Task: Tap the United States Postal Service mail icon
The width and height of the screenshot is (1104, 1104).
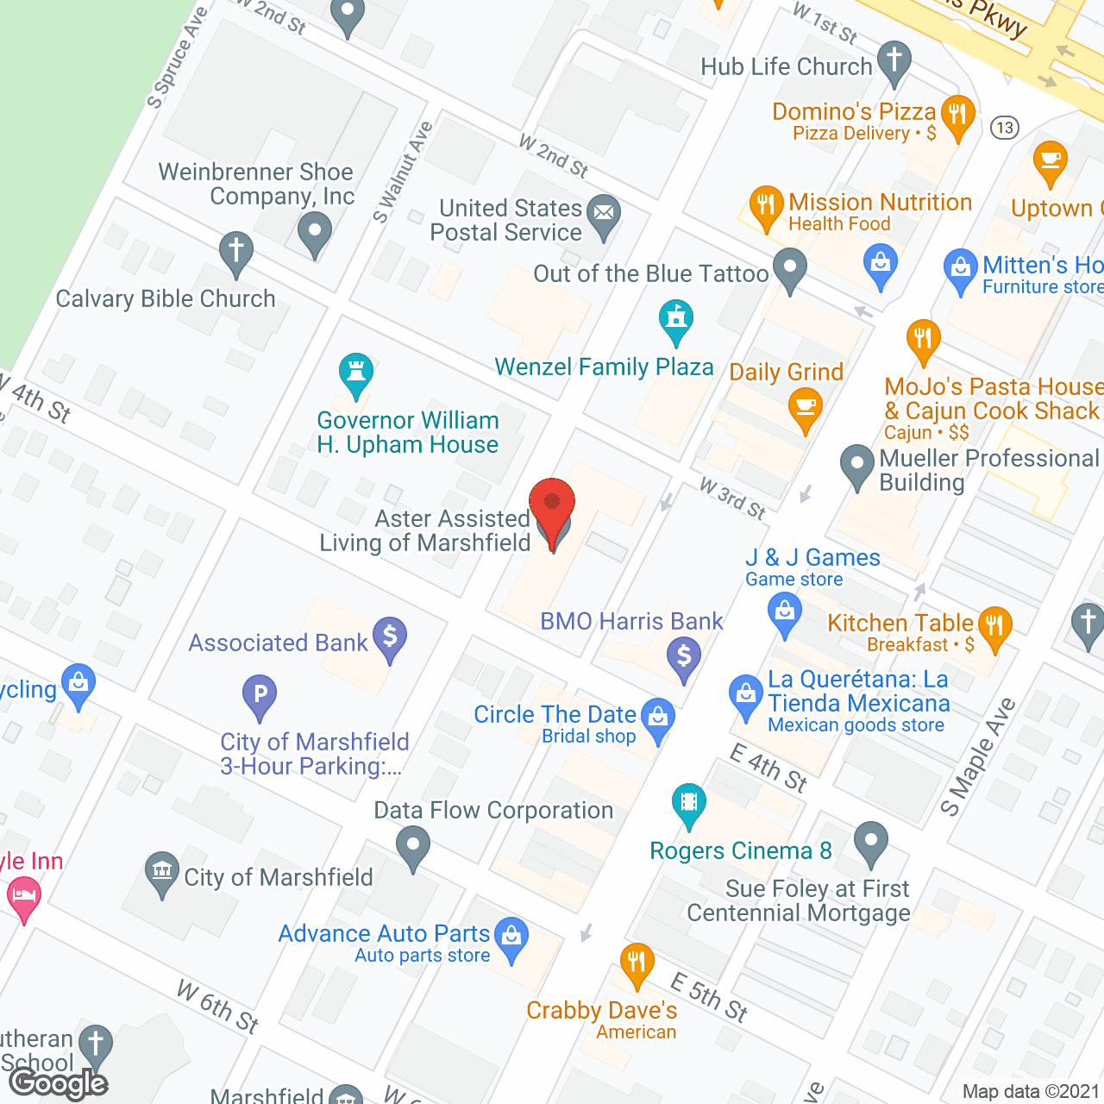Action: coord(604,212)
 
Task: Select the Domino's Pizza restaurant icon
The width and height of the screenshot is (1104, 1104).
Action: coord(957,113)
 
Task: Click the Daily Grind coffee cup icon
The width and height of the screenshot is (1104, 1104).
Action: coord(806,405)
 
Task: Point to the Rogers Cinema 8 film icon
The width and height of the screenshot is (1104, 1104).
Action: coord(688,803)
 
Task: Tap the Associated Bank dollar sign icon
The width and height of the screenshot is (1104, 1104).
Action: coord(390,637)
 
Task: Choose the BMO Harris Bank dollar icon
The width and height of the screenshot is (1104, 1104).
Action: coord(684,656)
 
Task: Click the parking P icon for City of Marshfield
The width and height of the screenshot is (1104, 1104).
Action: coord(260,693)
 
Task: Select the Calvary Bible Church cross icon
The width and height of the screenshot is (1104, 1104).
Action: coord(235,250)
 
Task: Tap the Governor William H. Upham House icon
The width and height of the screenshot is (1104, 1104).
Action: coord(355,372)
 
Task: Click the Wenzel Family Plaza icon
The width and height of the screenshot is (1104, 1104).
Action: coord(676,318)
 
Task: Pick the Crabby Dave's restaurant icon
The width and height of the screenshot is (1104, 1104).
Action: coord(637,961)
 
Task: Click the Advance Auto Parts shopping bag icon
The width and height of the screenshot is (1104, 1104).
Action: coord(512,936)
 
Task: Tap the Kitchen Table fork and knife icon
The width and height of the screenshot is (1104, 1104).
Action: coord(995,624)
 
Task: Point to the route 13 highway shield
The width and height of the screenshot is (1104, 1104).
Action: coord(1004,128)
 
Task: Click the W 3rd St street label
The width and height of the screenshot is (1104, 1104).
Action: coord(732,498)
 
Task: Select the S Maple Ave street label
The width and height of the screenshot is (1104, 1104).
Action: coord(977,756)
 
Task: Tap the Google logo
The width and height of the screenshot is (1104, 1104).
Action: coord(59,1083)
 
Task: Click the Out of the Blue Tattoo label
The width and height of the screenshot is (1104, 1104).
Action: coord(650,273)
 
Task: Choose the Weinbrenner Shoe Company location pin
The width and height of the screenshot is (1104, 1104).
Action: coord(314,231)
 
